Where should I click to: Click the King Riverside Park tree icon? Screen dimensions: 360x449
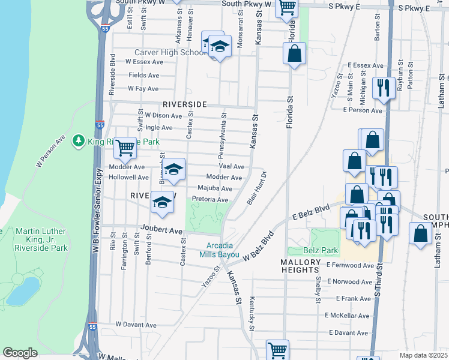(77, 141)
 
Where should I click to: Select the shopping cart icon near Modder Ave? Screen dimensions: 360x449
(124, 147)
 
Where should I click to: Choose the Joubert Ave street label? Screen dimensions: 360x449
(161, 230)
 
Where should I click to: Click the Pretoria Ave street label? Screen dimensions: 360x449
(209, 200)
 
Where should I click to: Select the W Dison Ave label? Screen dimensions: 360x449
(163, 116)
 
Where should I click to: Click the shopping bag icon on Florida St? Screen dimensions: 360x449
(295, 54)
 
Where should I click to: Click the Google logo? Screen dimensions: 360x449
(20, 353)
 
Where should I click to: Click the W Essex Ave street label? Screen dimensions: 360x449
(144, 62)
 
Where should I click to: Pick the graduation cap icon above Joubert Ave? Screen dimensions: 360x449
(162, 203)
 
